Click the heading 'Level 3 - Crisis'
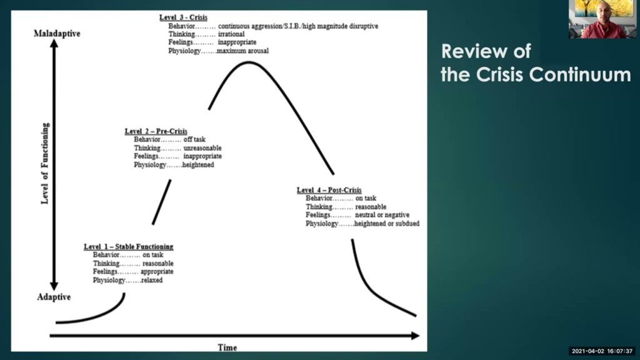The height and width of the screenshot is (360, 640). click(183, 17)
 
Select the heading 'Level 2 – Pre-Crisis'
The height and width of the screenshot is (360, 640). click(156, 131)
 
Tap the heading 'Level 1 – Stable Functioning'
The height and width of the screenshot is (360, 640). click(129, 246)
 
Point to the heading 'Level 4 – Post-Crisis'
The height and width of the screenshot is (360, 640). click(329, 190)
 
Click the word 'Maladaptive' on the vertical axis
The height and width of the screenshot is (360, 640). click(57, 34)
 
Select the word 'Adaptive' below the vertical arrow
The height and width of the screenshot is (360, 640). click(54, 297)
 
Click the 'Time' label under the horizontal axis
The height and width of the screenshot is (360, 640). click(227, 347)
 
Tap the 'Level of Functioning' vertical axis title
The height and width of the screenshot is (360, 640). click(45, 163)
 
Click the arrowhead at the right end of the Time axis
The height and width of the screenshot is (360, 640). click(416, 336)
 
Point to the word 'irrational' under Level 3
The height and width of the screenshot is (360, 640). click(231, 34)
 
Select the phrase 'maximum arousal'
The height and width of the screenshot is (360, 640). click(243, 51)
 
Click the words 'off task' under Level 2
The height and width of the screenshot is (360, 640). click(194, 139)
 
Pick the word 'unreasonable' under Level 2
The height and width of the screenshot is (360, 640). click(202, 147)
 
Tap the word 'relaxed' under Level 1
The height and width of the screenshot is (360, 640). click(152, 280)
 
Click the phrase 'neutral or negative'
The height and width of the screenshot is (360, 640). click(382, 215)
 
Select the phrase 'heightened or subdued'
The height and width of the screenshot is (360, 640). click(387, 223)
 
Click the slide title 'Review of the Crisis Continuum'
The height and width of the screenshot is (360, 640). click(536, 63)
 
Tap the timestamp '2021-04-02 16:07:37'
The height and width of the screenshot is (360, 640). click(602, 351)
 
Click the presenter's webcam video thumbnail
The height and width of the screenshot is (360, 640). click(603, 19)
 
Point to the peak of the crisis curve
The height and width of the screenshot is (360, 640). click(249, 62)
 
